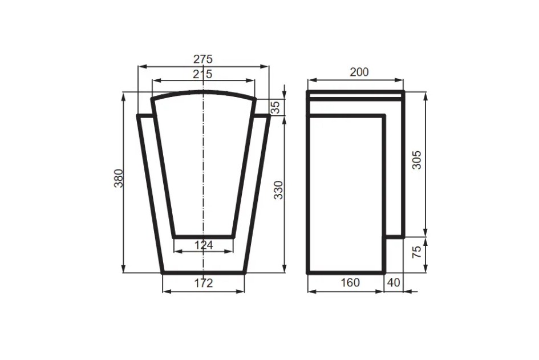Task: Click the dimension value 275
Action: (x=202, y=59)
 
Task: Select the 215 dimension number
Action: (x=202, y=74)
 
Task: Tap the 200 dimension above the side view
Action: (x=359, y=72)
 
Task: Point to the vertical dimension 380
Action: (x=118, y=180)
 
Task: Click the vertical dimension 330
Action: (x=278, y=189)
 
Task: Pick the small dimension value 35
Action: (x=275, y=107)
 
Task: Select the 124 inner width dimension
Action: (x=204, y=245)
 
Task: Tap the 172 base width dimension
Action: (x=204, y=282)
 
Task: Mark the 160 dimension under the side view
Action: (x=350, y=282)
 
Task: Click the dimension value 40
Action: (x=394, y=282)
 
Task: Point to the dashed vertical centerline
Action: (x=204, y=171)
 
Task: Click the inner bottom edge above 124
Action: (x=203, y=236)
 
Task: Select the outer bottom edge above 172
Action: (x=204, y=272)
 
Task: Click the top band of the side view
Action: (x=355, y=96)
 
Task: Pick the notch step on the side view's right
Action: (x=394, y=236)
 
